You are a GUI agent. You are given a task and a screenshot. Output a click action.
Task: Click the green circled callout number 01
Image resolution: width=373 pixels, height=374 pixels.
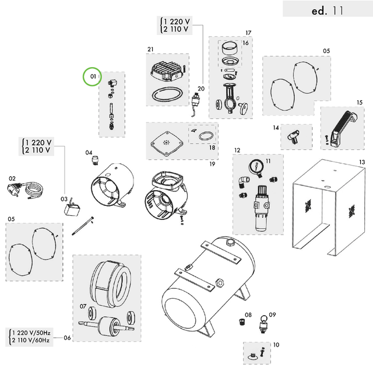click(92, 76)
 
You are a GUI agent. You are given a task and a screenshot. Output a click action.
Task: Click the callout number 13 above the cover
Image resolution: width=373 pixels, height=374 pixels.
click(361, 162)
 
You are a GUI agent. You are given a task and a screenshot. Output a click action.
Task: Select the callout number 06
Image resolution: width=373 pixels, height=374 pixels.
click(67, 338)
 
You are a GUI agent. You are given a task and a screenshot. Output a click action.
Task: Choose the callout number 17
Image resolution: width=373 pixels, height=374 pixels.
click(248, 33)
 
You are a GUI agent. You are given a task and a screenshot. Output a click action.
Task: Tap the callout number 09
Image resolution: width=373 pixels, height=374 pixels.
click(272, 315)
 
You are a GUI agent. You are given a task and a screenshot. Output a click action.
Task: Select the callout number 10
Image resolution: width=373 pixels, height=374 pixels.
click(276, 345)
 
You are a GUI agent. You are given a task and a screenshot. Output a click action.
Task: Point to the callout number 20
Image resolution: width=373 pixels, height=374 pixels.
click(201, 89)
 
